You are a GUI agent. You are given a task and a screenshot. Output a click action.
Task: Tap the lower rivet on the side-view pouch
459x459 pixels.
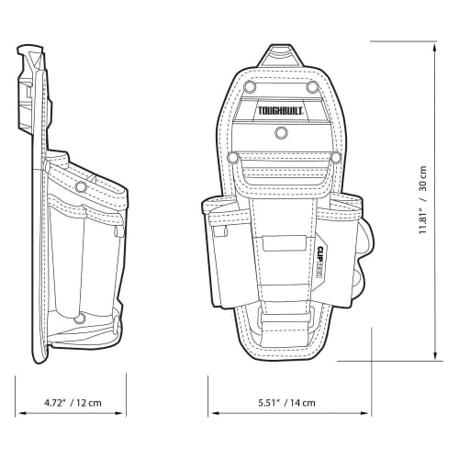(x=80, y=319)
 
